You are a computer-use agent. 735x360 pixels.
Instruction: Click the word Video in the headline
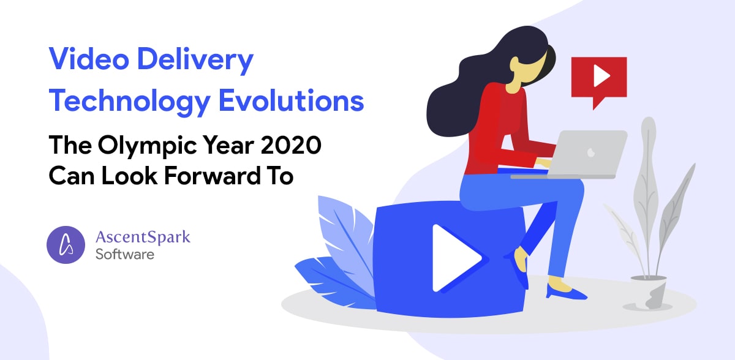coord(89,59)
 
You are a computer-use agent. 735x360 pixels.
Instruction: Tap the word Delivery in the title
coord(195,61)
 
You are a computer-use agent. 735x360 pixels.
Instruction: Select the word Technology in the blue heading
coord(130,102)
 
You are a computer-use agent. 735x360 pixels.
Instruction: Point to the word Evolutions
coord(292,100)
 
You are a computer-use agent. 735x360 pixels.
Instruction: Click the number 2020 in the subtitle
coord(291,145)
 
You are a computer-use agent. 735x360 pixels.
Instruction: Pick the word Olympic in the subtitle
coord(147,146)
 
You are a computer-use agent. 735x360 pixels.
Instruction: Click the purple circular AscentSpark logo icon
coord(66,244)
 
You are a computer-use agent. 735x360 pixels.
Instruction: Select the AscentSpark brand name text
coord(143,238)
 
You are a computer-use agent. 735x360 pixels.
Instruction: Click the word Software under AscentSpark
coord(125,255)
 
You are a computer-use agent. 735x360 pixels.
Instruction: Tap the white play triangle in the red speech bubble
coord(601,76)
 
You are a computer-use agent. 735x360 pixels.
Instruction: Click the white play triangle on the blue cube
coord(457,258)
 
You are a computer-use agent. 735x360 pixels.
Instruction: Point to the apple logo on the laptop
coord(591,152)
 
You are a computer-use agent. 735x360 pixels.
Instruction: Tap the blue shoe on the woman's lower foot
coord(567,293)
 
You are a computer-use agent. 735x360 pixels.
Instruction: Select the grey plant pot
coord(649,293)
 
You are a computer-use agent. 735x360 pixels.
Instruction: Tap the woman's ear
coord(514,62)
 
